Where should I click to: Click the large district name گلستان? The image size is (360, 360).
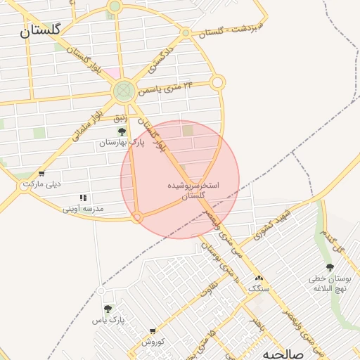click(40, 30)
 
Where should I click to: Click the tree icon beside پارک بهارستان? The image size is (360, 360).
click(122, 131)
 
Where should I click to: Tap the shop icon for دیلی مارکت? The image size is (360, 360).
click(42, 174)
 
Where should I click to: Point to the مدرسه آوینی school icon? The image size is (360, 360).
click(83, 198)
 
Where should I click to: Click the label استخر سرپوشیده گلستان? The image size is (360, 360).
click(193, 191)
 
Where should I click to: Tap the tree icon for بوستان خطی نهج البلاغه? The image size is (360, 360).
click(330, 267)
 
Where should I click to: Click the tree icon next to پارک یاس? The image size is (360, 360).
click(108, 309)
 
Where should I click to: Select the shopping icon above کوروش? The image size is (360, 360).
click(153, 331)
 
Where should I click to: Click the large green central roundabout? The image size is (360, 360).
click(124, 90)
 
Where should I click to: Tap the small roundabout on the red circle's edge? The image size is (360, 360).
click(138, 218)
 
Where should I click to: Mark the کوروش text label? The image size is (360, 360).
click(153, 342)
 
